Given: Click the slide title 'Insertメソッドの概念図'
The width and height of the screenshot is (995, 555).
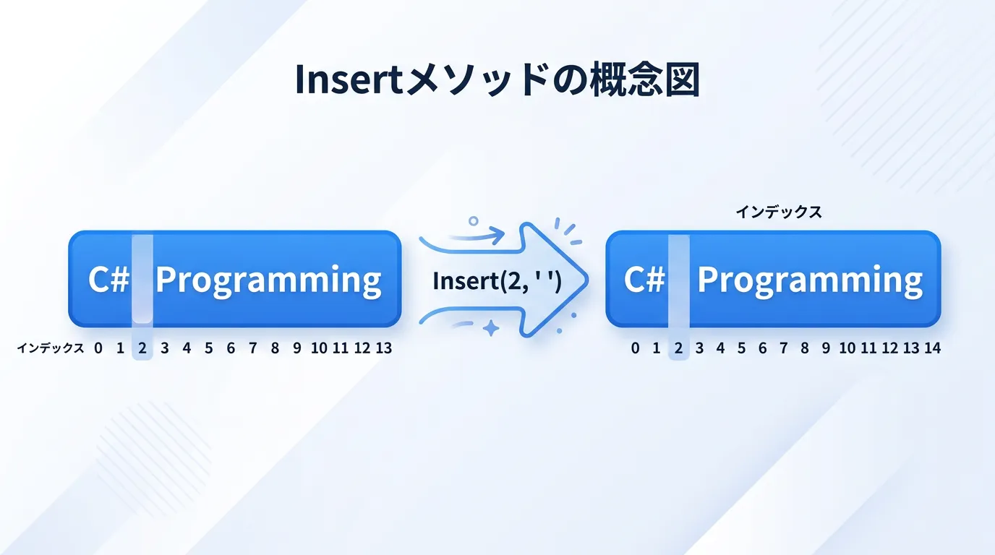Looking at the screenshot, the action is (497, 80).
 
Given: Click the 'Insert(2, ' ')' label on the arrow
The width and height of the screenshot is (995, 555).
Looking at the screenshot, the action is (497, 281).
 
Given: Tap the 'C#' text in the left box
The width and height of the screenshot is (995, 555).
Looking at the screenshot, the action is (108, 280).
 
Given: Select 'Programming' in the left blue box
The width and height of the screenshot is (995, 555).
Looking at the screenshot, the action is (268, 281).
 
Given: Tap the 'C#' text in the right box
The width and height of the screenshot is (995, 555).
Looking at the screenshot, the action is (644, 280).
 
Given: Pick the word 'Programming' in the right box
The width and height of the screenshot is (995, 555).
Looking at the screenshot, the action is (810, 281).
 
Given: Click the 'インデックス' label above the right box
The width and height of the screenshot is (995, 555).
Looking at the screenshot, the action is (779, 212).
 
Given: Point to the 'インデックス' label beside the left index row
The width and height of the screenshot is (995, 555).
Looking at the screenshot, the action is (50, 348).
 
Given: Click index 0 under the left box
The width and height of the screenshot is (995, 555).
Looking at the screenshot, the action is (98, 348).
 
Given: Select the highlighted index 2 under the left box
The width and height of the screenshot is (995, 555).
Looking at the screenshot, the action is (142, 348).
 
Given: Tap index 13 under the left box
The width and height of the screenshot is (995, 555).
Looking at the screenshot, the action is (384, 348).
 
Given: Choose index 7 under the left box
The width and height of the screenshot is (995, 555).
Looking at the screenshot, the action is (253, 348).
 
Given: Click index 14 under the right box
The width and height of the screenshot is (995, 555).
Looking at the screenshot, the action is (932, 348).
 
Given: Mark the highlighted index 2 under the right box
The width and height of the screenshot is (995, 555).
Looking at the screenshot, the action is (678, 348).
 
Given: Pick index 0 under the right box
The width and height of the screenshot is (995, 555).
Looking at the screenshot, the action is (635, 348).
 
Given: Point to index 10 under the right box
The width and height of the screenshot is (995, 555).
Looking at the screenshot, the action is (847, 348).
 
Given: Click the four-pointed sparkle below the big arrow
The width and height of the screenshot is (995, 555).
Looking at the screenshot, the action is (491, 329).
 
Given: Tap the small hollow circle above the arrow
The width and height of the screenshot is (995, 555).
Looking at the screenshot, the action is (474, 220).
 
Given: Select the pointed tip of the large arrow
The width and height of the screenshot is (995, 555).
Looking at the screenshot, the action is (588, 280).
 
